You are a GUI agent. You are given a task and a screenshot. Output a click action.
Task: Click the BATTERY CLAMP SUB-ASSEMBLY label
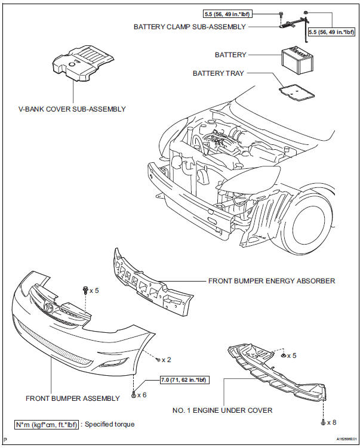[189, 26]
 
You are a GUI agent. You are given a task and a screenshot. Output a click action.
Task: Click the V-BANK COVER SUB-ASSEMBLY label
[72, 109]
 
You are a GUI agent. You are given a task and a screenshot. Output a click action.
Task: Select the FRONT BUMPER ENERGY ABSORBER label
[272, 280]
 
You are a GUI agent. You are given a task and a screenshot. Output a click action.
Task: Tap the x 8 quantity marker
[331, 422]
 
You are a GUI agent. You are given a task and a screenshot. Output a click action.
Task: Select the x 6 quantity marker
[141, 395]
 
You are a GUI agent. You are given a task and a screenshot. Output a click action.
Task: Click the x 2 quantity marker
[167, 360]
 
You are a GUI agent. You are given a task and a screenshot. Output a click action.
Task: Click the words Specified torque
[110, 424]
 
